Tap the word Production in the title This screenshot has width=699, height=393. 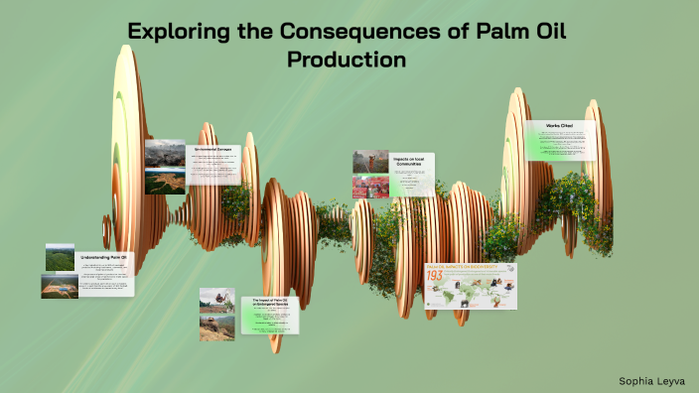(347, 59)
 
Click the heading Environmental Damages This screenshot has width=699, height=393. (211, 149)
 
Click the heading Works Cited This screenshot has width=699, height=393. (561, 126)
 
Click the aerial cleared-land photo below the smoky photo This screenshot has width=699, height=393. (165, 181)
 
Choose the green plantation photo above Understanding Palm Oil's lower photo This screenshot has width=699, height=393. (60, 257)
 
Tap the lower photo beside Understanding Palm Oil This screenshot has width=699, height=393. (60, 285)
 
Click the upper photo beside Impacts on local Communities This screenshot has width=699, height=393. (369, 162)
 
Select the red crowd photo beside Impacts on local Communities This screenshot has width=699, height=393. (369, 187)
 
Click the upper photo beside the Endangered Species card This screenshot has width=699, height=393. (216, 300)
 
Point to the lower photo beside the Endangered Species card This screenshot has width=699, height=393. (216, 327)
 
